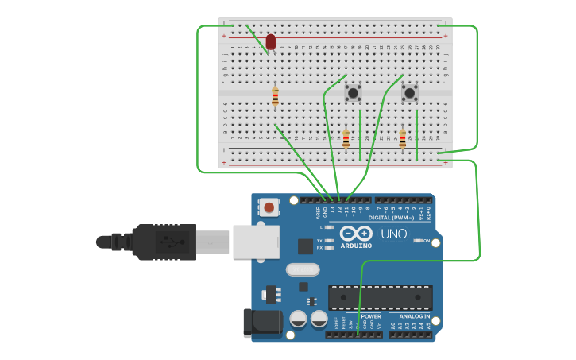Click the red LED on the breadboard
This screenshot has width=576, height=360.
tap(271, 41)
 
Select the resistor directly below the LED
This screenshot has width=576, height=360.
tap(275, 97)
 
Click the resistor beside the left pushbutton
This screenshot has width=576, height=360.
tap(346, 139)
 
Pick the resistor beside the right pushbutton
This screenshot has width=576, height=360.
tap(402, 139)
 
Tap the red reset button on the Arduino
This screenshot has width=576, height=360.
tap(270, 208)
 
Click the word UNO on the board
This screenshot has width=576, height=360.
tap(393, 234)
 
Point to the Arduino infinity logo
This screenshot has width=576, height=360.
tap(356, 234)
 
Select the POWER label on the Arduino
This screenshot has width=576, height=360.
tap(370, 316)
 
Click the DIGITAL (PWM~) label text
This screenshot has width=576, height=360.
tap(391, 217)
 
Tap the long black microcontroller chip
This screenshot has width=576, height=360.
tap(381, 297)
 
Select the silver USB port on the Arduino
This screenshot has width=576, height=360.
tap(254, 242)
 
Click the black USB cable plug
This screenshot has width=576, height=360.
tap(163, 242)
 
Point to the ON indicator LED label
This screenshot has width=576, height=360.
tap(426, 241)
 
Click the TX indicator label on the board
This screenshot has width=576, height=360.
tap(319, 240)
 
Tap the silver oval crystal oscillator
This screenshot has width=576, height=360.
tap(302, 269)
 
